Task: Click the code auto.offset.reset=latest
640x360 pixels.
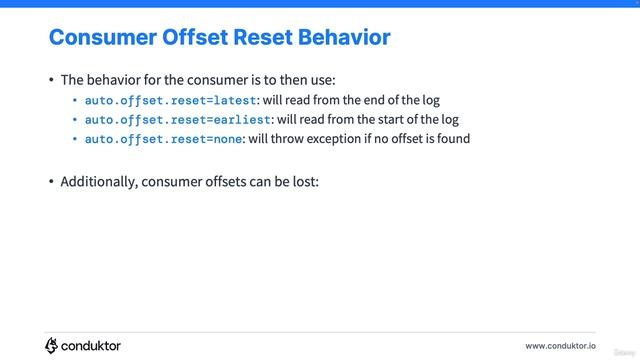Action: coord(171,100)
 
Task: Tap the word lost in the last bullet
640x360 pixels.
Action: coord(304,182)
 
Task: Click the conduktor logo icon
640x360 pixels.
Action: coord(52,345)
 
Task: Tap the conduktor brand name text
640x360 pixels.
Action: coord(92,345)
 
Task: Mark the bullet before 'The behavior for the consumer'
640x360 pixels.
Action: coord(51,80)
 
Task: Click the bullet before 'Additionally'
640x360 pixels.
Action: coord(51,182)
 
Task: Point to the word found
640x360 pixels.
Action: coord(452,138)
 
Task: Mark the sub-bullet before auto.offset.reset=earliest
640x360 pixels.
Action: coord(75,119)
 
